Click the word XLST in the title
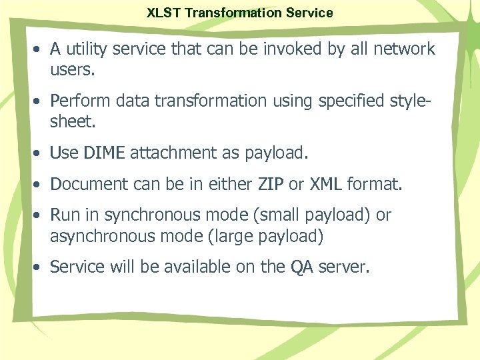point(162,13)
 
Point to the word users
point(71,69)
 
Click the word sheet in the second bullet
point(70,121)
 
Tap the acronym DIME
point(104,153)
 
